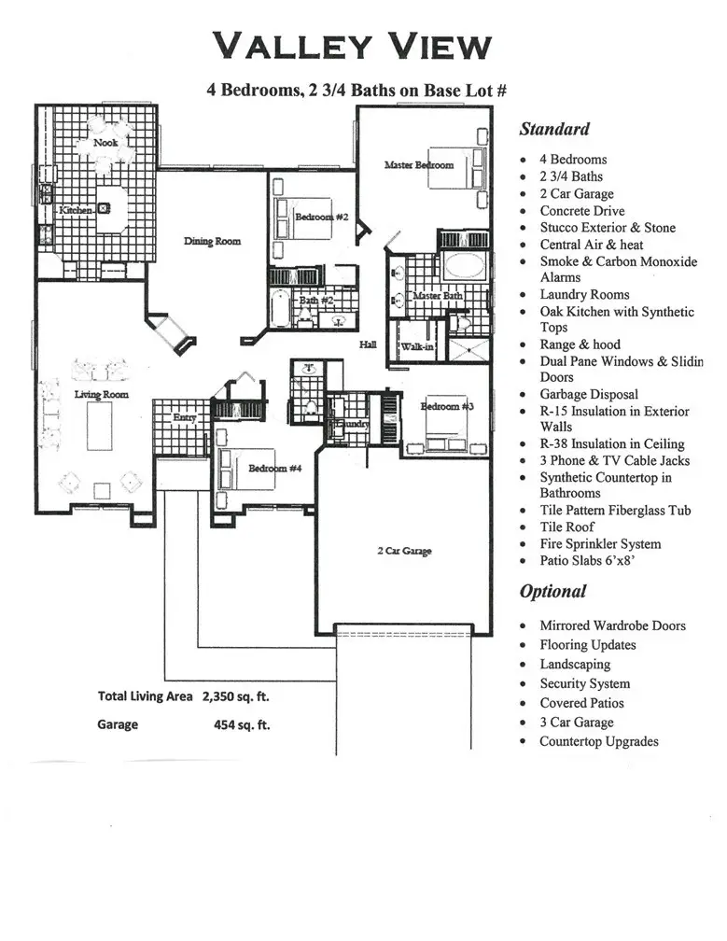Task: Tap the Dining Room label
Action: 212,241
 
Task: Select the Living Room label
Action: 102,395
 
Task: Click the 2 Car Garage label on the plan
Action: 404,551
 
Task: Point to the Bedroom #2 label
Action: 321,218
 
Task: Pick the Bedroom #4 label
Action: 274,468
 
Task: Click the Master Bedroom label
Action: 419,165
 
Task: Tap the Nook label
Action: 105,144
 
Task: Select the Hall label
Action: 369,345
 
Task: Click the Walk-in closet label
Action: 414,347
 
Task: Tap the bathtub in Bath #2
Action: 281,307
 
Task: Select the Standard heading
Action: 554,130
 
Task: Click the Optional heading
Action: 553,592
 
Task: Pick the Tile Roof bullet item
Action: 566,527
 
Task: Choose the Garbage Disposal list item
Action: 589,395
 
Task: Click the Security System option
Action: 584,684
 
